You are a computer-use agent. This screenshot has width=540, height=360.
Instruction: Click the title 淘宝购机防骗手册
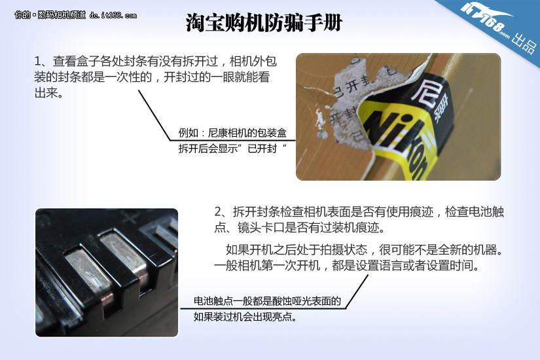click(264, 23)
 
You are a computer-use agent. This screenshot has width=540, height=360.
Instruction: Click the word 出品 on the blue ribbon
click(524, 43)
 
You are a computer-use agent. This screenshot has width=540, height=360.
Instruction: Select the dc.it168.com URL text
click(113, 15)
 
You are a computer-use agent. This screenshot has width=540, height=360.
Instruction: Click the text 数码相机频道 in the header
click(62, 15)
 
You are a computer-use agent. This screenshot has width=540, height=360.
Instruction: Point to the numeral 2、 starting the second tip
click(223, 211)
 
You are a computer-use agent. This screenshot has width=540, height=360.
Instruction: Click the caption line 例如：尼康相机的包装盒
click(232, 133)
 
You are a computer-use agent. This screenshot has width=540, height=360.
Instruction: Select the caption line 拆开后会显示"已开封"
click(232, 149)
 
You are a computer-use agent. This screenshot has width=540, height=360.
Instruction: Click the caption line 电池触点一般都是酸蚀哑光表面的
click(267, 301)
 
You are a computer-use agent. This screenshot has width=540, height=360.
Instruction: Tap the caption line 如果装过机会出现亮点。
click(245, 317)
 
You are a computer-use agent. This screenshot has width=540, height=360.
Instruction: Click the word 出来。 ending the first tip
click(48, 93)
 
